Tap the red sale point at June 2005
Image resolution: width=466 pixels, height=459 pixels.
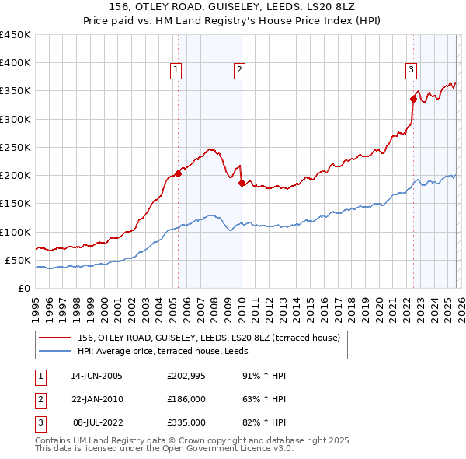coord(178,173)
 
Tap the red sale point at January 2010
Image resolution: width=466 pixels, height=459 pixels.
coord(242,184)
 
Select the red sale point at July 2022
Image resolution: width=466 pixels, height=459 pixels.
coord(413,99)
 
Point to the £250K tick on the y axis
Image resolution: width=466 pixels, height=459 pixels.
coord(16,147)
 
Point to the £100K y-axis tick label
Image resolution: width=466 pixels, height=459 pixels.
coord(16,232)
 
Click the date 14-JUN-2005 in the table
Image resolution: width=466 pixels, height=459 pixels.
coord(96,376)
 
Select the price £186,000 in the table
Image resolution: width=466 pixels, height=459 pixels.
coord(186,399)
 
